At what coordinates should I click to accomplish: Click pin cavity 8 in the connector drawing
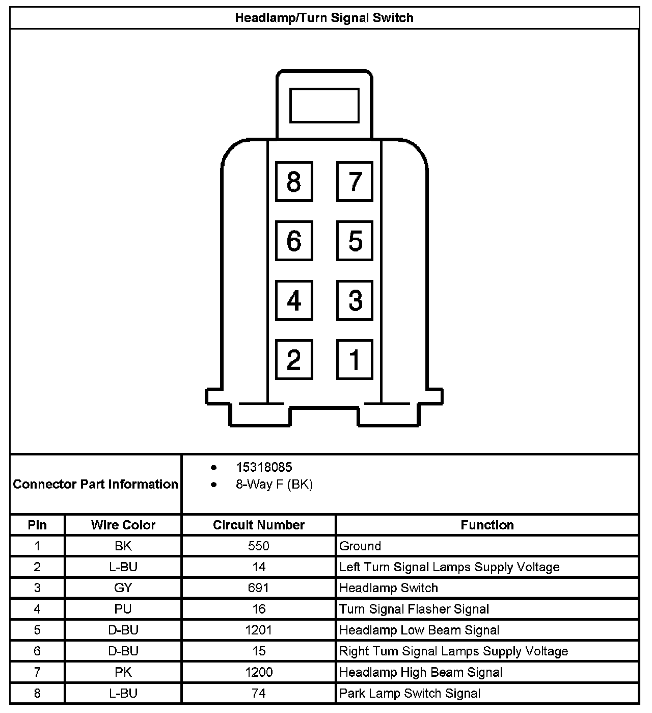point(294,181)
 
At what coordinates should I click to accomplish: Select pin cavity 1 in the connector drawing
point(355,360)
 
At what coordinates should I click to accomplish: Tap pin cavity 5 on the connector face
point(355,241)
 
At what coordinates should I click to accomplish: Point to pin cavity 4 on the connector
point(294,300)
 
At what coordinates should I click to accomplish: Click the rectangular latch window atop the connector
point(324,106)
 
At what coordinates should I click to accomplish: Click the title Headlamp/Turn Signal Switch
point(324,18)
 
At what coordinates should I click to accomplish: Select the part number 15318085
point(264,467)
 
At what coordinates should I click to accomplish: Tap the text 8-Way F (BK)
point(274,485)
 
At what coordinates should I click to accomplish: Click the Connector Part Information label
point(96,484)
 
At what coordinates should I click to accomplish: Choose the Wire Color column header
point(123,525)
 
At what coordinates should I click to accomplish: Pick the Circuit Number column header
point(259,525)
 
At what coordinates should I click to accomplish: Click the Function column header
point(487,525)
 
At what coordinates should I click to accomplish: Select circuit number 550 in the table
point(259,546)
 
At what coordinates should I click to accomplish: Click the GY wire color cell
point(123,588)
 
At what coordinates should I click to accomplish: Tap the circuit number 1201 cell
point(259,630)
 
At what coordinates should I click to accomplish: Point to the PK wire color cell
point(123,672)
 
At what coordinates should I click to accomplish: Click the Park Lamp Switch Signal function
point(410,694)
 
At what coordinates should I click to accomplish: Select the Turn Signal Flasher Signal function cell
point(414,609)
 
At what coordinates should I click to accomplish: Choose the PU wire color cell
point(123,609)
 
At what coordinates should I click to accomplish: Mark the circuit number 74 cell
point(259,694)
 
